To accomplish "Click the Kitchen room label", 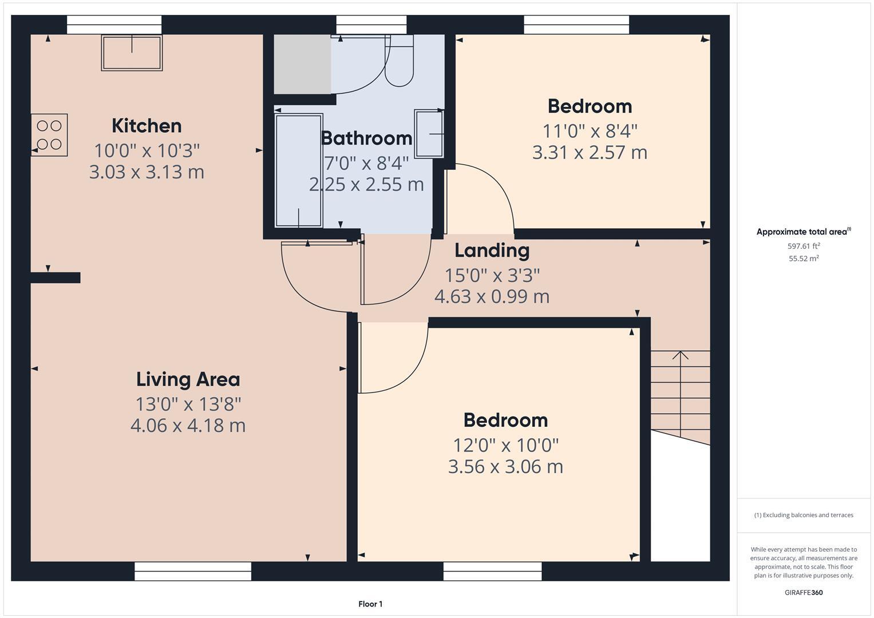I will pos(147,126).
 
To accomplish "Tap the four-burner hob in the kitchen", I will pos(49,135).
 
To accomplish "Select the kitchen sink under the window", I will pos(132,53).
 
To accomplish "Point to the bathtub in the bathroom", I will pos(298,171).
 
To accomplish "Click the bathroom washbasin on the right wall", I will pos(429,134).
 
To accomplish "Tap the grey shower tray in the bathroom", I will pos(302,64).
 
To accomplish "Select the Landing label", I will pos(492,251).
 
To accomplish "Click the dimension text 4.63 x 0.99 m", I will pos(492,296).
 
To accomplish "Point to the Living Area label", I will pos(188,379).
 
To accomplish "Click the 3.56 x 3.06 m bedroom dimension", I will pos(505,466).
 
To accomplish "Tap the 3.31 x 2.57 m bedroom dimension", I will pos(590,153).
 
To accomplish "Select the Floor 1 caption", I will pos(370,604).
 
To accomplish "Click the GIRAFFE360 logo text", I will pos(804,592).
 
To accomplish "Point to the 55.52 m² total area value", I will pos(804,259).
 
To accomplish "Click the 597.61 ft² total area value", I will pos(804,246).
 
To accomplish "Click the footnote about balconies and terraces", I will pos(804,515).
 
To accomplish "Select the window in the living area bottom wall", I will pos(193,571).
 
